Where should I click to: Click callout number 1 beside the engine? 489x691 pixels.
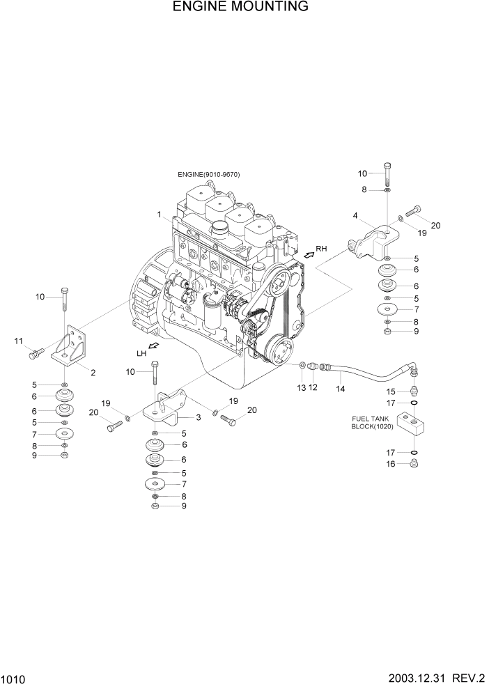pos(159,214)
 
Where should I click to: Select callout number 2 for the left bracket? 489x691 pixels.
pos(355,216)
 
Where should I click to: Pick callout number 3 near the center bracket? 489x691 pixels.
pos(199,417)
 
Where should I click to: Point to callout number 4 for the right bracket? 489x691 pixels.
pos(355,216)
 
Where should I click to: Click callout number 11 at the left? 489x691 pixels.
pos(18,341)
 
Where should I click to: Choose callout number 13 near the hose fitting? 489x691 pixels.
pos(301,387)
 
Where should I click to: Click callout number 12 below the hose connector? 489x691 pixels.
pos(313,387)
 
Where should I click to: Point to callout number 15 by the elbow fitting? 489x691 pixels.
pos(391,391)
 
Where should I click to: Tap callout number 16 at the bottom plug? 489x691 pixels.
pos(391,463)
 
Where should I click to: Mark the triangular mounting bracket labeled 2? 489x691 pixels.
pos(70,346)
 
